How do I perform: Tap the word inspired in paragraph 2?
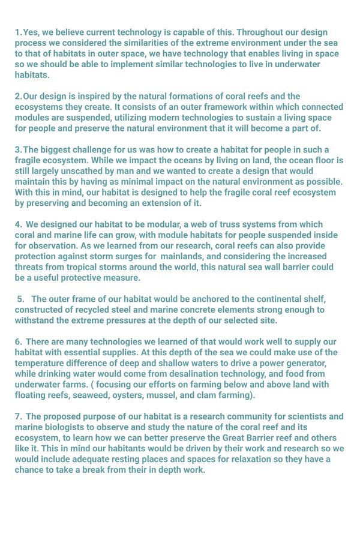(92, 96)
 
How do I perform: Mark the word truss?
(229, 224)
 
